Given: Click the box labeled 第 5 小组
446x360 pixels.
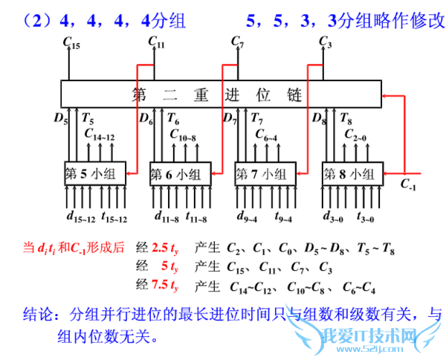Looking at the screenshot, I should [94, 174].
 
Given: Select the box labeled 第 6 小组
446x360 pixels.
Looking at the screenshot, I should [179, 174].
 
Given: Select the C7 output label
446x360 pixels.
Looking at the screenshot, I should [237, 42].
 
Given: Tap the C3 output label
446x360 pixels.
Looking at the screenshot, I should [324, 42].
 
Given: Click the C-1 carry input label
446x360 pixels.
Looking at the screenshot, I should [408, 184].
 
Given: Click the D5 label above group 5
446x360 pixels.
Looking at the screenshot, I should [61, 118].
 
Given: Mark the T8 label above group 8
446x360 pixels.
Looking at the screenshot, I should [346, 118].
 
